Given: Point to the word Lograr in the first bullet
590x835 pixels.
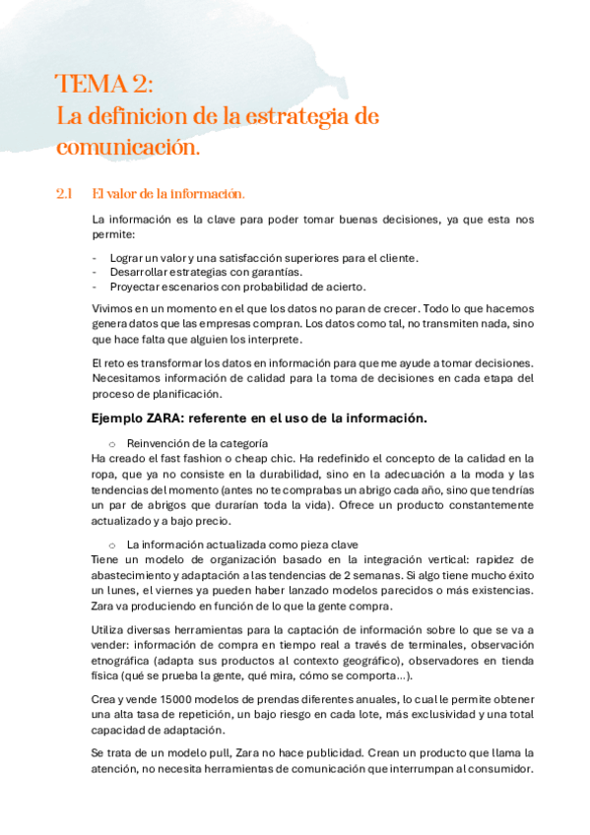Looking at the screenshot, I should (126, 258).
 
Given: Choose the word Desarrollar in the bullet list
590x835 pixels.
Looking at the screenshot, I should (141, 272).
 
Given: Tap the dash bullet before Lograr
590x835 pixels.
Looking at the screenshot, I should (94, 258).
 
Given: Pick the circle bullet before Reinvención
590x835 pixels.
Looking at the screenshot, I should (112, 443).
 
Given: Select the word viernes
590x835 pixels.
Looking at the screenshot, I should (165, 590).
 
